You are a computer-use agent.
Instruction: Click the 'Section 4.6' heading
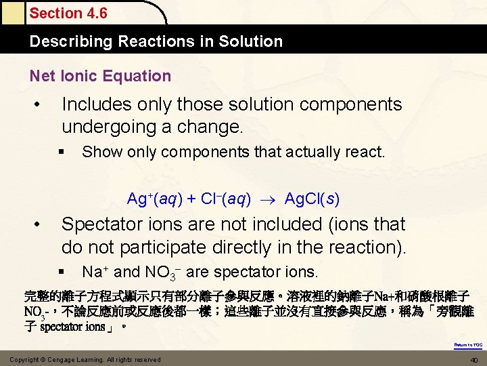pos(68,13)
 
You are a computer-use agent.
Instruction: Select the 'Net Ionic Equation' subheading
pos(100,76)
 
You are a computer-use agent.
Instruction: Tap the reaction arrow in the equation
pos(268,200)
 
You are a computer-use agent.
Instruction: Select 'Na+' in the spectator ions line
pos(95,272)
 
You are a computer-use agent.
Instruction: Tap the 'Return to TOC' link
pos(468,345)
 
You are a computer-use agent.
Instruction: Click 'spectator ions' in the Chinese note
pos(72,327)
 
